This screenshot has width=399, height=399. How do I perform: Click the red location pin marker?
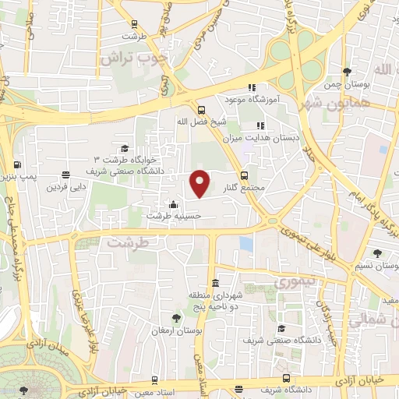click(x=200, y=182)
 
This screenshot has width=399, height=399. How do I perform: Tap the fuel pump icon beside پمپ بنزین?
click(x=16, y=164)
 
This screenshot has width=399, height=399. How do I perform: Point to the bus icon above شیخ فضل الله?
click(x=201, y=110)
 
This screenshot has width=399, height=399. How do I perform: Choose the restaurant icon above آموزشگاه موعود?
click(x=251, y=88)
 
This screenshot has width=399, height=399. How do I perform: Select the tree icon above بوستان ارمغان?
click(x=176, y=317)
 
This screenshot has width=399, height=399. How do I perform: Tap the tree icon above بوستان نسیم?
click(x=378, y=252)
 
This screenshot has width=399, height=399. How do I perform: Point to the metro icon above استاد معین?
click(x=156, y=380)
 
